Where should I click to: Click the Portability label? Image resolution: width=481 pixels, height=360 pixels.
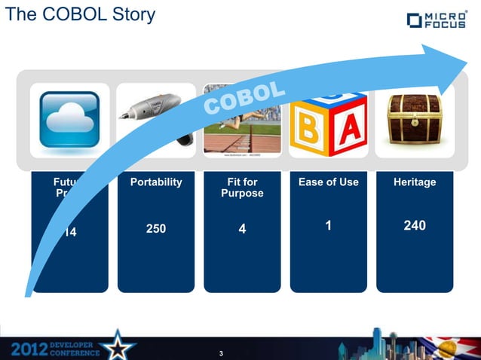tap(156, 182)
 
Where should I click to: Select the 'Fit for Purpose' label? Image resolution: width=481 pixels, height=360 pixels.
tap(242, 188)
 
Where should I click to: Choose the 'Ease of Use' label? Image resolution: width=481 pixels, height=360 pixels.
tap(329, 182)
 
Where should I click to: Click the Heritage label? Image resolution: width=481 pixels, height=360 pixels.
tap(415, 182)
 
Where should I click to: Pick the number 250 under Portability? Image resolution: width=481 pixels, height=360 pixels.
tap(156, 227)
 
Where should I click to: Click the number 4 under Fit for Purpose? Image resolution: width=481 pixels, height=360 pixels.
tap(242, 228)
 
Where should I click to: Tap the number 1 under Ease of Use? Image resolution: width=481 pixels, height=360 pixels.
tap(329, 224)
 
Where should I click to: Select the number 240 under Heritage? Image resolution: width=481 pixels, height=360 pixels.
tap(415, 224)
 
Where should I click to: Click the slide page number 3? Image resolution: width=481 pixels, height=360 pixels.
tap(221, 353)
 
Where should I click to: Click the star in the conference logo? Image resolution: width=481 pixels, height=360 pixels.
tap(118, 346)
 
